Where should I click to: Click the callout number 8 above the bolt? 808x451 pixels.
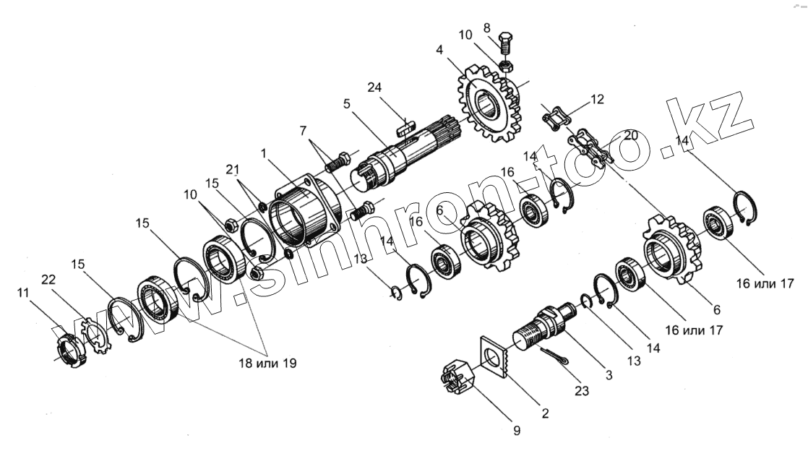point(486,28)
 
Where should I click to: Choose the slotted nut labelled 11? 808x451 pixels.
point(69,348)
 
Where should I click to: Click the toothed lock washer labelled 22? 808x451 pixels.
point(95,337)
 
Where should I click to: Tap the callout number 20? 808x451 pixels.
point(631,135)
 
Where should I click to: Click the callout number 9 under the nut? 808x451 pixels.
point(516,431)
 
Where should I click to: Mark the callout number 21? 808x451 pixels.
point(231,170)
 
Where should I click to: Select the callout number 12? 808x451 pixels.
point(596,98)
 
